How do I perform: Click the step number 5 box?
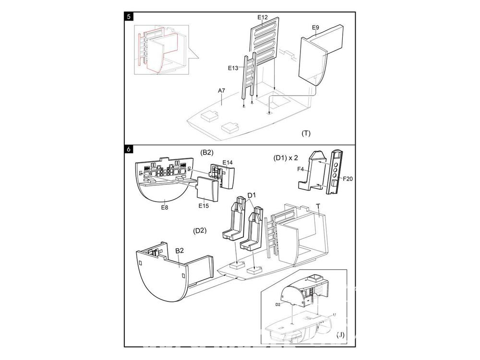(129, 16)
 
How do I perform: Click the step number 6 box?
(129, 149)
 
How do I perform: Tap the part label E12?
(262, 17)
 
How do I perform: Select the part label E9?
(315, 27)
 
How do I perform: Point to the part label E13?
(233, 68)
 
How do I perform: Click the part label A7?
(221, 90)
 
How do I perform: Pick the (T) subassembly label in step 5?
(306, 133)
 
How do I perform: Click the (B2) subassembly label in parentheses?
(206, 153)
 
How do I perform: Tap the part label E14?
(228, 163)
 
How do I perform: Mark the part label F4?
(300, 169)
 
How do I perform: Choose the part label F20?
(348, 179)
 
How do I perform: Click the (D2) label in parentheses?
(200, 230)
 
